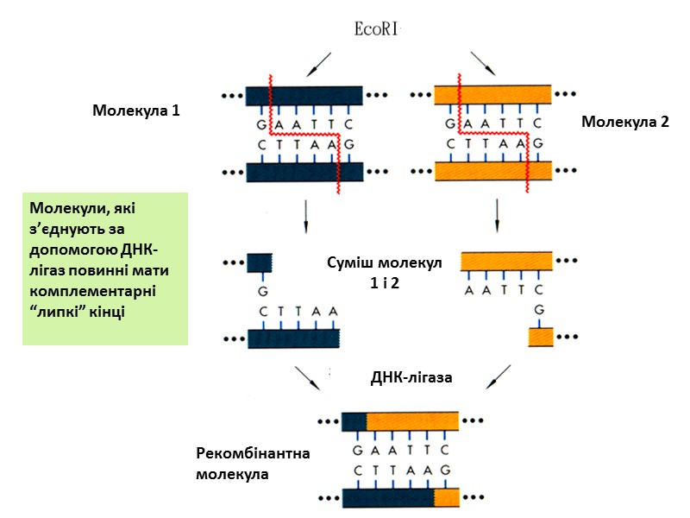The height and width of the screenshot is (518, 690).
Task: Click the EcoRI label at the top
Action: pyautogui.click(x=379, y=28)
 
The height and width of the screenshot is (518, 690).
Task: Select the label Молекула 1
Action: pyautogui.click(x=136, y=111)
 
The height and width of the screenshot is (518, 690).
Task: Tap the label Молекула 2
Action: pyautogui.click(x=625, y=122)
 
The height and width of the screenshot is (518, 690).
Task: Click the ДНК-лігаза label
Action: pyautogui.click(x=412, y=377)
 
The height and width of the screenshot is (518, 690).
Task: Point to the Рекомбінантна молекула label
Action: pyautogui.click(x=241, y=464)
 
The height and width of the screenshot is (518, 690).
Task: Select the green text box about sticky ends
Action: pyautogui.click(x=105, y=268)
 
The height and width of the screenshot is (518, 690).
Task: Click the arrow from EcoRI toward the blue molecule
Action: pyautogui.click(x=318, y=62)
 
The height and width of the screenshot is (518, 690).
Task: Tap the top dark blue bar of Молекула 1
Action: pyautogui.click(x=304, y=95)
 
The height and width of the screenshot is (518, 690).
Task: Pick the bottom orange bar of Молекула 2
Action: pyautogui.click(x=492, y=171)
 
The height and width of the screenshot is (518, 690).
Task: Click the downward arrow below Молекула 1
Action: pyautogui.click(x=305, y=217)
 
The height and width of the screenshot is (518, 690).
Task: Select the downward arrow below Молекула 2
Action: pyautogui.click(x=497, y=217)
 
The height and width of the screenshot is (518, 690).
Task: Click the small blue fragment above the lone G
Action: pyautogui.click(x=260, y=262)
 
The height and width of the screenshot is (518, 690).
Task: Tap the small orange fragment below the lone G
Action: pyautogui.click(x=540, y=336)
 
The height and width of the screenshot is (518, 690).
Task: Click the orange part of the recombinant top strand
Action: pyautogui.click(x=411, y=421)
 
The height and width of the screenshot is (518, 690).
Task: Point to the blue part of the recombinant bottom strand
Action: pyautogui.click(x=387, y=498)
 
